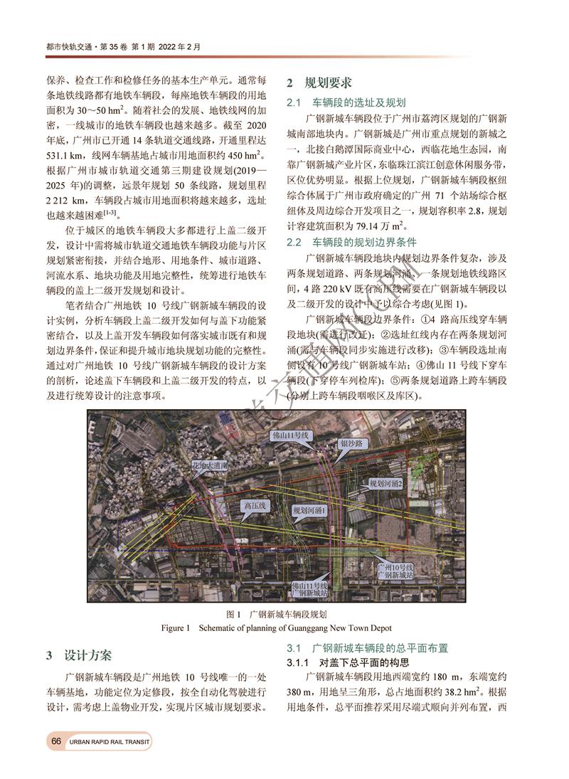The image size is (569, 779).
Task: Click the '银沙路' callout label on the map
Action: (351, 443)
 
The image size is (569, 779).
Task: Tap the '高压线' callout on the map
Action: (254, 504)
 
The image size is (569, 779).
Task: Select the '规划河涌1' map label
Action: (311, 511)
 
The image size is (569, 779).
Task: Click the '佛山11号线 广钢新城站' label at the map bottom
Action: (311, 588)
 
